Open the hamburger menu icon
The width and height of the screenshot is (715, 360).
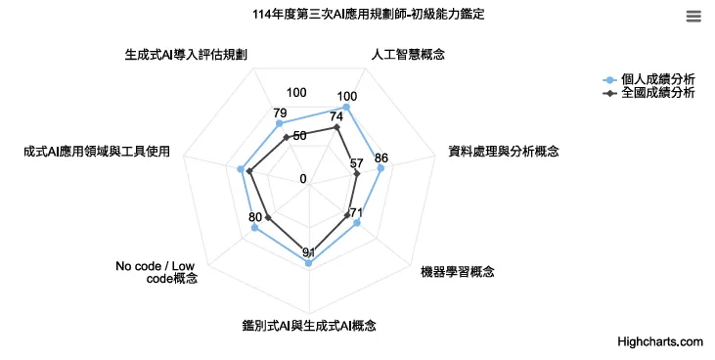pos(693,16)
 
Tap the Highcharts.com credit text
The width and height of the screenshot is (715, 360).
pos(660,341)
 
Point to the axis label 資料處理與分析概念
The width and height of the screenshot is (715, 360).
pos(503,151)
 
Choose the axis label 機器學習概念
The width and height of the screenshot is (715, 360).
pos(457,270)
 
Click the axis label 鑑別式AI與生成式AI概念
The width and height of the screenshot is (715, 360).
pos(309,325)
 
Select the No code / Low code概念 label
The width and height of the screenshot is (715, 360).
pos(156,272)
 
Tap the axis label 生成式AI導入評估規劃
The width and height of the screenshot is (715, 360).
pos(186,55)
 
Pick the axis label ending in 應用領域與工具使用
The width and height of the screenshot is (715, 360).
pos(97,151)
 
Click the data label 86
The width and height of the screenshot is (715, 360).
pos(381,157)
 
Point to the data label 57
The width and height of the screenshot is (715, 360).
pos(356,163)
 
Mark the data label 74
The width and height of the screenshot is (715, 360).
pos(336,116)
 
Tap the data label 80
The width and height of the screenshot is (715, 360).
pos(255,217)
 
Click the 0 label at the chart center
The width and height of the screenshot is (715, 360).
pos(303,179)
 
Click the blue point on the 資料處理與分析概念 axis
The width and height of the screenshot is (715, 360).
pos(380,168)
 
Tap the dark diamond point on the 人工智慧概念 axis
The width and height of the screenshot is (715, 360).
pos(336,127)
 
